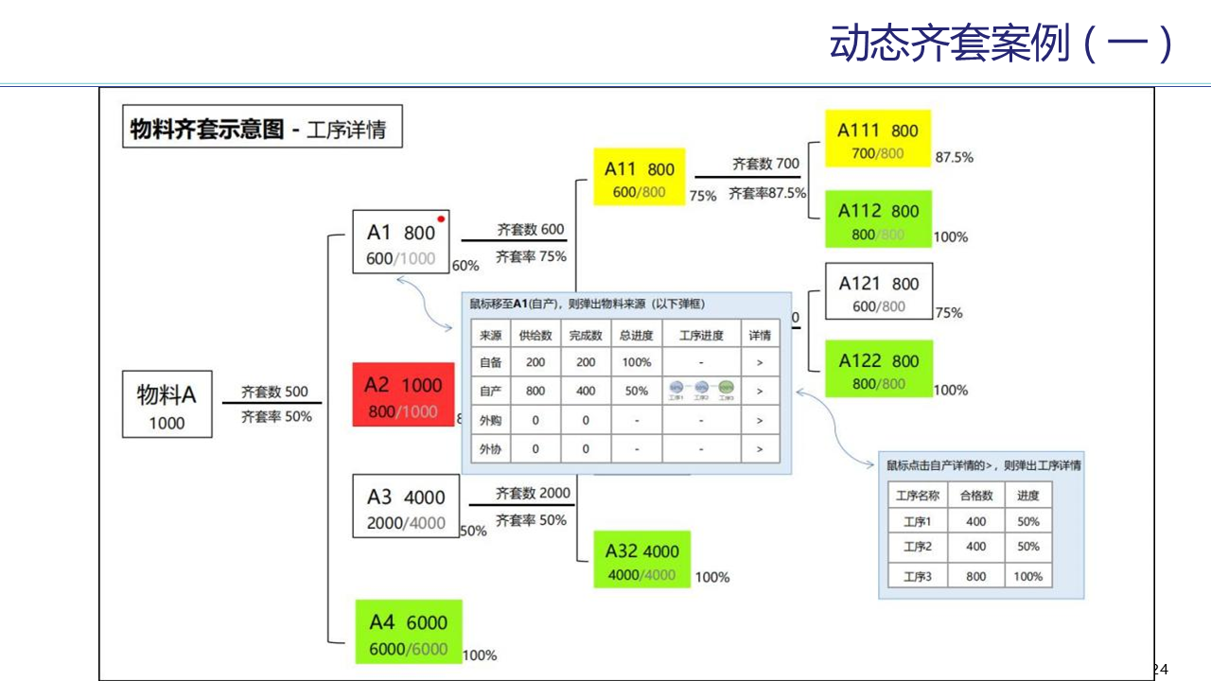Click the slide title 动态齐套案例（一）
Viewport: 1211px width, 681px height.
(1002, 44)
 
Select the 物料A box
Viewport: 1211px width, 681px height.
(167, 405)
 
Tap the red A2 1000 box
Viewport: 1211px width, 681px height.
(403, 395)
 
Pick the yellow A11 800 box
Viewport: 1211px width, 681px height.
(639, 179)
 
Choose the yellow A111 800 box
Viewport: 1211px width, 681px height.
(878, 139)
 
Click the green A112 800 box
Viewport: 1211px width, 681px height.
(878, 220)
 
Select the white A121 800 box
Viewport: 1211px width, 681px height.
(878, 292)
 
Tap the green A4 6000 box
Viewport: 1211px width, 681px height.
(408, 632)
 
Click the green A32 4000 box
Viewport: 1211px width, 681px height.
(642, 561)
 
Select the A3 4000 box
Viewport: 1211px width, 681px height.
(406, 507)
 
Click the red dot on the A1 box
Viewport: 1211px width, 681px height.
(441, 218)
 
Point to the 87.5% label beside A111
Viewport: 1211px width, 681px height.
(954, 158)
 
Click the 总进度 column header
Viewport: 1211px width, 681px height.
(637, 336)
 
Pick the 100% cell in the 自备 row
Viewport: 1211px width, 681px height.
(637, 362)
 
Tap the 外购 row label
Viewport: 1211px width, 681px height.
(490, 420)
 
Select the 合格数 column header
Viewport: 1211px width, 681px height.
(976, 496)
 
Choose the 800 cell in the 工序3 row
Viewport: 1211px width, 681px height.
(976, 576)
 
